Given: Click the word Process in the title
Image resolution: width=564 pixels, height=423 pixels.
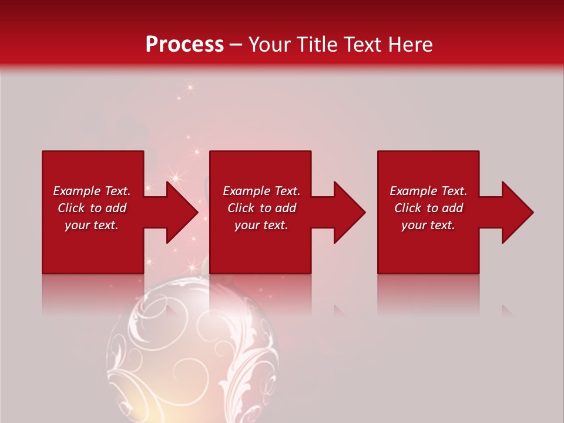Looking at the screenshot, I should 184,45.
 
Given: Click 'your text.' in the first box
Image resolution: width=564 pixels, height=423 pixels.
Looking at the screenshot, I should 92,225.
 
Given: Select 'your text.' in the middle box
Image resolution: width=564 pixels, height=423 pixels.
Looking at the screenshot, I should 261,225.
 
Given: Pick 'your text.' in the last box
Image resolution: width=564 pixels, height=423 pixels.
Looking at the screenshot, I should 428,225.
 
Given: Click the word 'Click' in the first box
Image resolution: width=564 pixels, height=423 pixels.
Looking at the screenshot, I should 71,208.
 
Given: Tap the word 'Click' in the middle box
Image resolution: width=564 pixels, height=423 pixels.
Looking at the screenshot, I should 241,208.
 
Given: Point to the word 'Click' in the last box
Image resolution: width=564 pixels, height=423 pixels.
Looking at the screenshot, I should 408,208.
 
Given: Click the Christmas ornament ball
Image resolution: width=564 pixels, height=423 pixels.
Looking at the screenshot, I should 191,352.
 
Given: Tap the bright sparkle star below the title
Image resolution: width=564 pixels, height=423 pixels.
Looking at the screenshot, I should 190,88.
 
